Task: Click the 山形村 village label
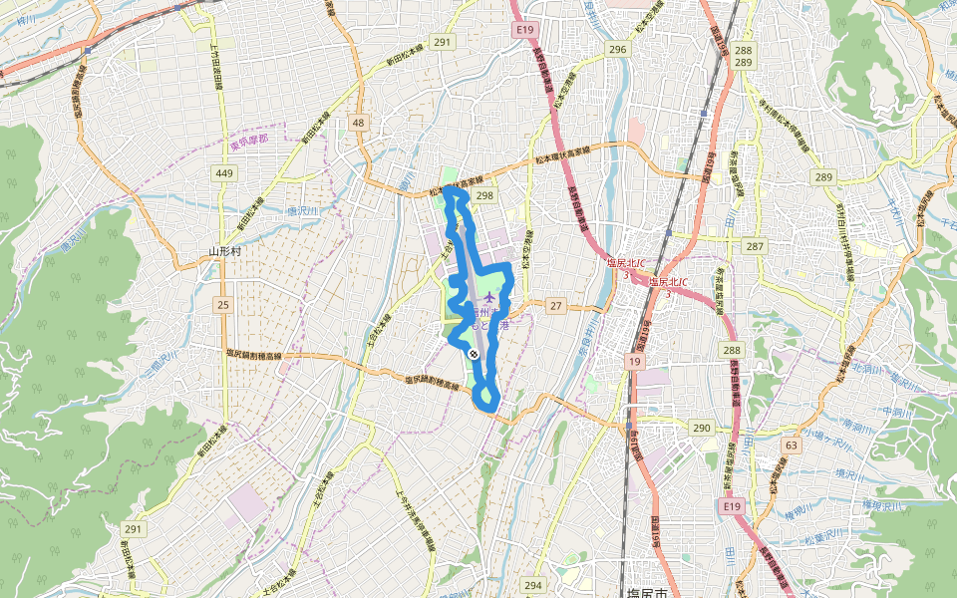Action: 226,252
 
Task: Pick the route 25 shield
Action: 222,304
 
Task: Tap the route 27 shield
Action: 555,305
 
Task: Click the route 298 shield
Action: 484,195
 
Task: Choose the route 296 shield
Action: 618,49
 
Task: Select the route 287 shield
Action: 755,245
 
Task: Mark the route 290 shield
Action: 701,428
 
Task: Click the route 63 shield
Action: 792,445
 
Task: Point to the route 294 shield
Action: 533,586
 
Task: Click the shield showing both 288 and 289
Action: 743,56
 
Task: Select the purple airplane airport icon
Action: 488,298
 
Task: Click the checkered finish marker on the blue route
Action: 473,353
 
